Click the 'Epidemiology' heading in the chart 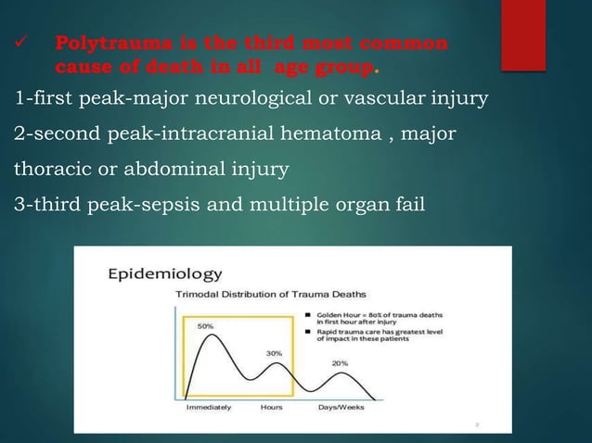(165, 274)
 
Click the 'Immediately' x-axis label (209, 407)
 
